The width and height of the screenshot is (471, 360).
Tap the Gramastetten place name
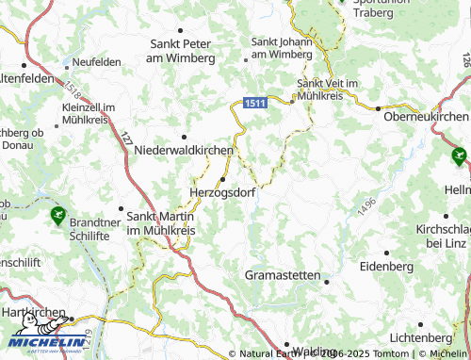click(x=283, y=274)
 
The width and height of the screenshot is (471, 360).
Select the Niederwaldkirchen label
click(x=185, y=151)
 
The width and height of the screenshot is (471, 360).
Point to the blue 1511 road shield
click(x=254, y=102)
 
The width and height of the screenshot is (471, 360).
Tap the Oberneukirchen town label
click(x=421, y=116)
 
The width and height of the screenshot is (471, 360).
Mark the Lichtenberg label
click(x=419, y=336)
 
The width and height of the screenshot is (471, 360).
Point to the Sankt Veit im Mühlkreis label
click(x=328, y=90)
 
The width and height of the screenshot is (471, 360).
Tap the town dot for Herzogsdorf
click(x=223, y=178)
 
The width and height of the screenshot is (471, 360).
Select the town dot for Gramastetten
click(x=324, y=280)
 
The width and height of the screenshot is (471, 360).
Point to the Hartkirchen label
click(x=33, y=312)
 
